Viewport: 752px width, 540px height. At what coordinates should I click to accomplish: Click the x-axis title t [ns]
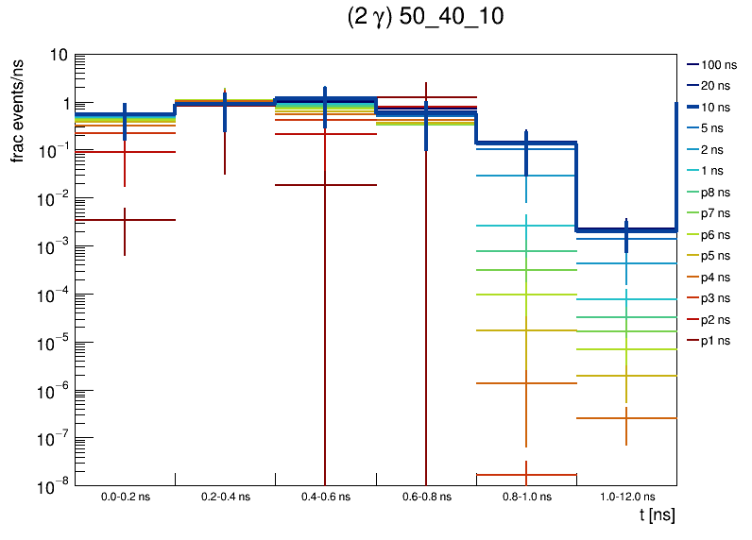click(x=657, y=515)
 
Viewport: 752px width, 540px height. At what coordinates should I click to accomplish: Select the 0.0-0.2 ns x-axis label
click(x=125, y=496)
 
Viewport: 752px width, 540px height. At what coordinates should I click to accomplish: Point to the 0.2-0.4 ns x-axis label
click(x=225, y=496)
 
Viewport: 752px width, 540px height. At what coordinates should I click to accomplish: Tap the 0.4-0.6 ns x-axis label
click(x=326, y=496)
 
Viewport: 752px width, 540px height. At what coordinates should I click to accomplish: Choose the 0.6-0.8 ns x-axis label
click(x=426, y=496)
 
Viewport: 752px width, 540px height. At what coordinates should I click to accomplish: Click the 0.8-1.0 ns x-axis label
click(x=526, y=496)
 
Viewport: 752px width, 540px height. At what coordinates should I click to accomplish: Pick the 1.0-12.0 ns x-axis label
click(x=625, y=496)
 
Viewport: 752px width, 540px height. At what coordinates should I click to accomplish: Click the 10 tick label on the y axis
click(x=58, y=56)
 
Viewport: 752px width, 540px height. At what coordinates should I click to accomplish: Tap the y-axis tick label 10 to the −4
click(x=53, y=295)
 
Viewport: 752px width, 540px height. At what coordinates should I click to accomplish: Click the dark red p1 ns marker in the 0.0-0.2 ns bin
click(x=125, y=220)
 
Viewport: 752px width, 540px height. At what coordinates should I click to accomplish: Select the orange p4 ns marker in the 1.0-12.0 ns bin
click(x=625, y=418)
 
